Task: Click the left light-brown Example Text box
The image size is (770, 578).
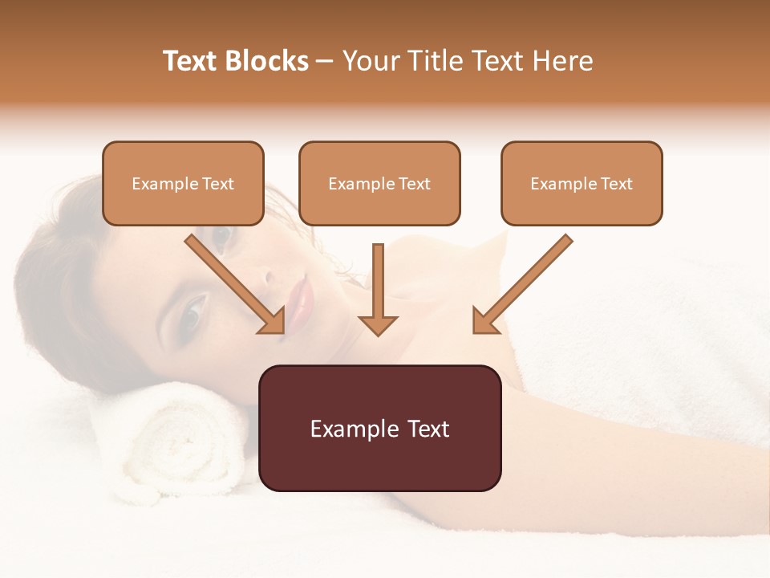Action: click(x=183, y=183)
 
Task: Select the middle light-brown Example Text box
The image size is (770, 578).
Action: click(x=379, y=183)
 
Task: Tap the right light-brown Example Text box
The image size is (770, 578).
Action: click(x=582, y=183)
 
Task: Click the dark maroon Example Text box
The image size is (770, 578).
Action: click(x=379, y=428)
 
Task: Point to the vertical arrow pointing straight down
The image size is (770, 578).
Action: click(x=378, y=289)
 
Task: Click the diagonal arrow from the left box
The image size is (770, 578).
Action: click(x=235, y=284)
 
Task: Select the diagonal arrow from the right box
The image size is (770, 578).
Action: click(x=522, y=284)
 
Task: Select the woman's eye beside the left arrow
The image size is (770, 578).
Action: click(x=221, y=235)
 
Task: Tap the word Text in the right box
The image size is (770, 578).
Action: click(x=616, y=183)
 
